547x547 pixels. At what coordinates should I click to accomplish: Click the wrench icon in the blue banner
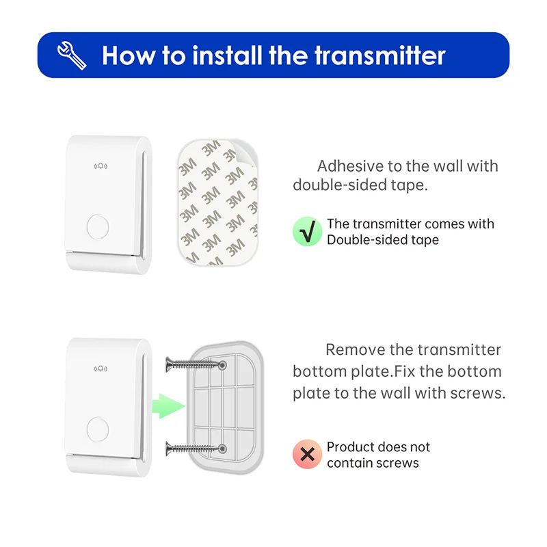click(73, 55)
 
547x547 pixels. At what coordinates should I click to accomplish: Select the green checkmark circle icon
click(307, 232)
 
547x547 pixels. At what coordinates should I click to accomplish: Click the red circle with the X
click(307, 455)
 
